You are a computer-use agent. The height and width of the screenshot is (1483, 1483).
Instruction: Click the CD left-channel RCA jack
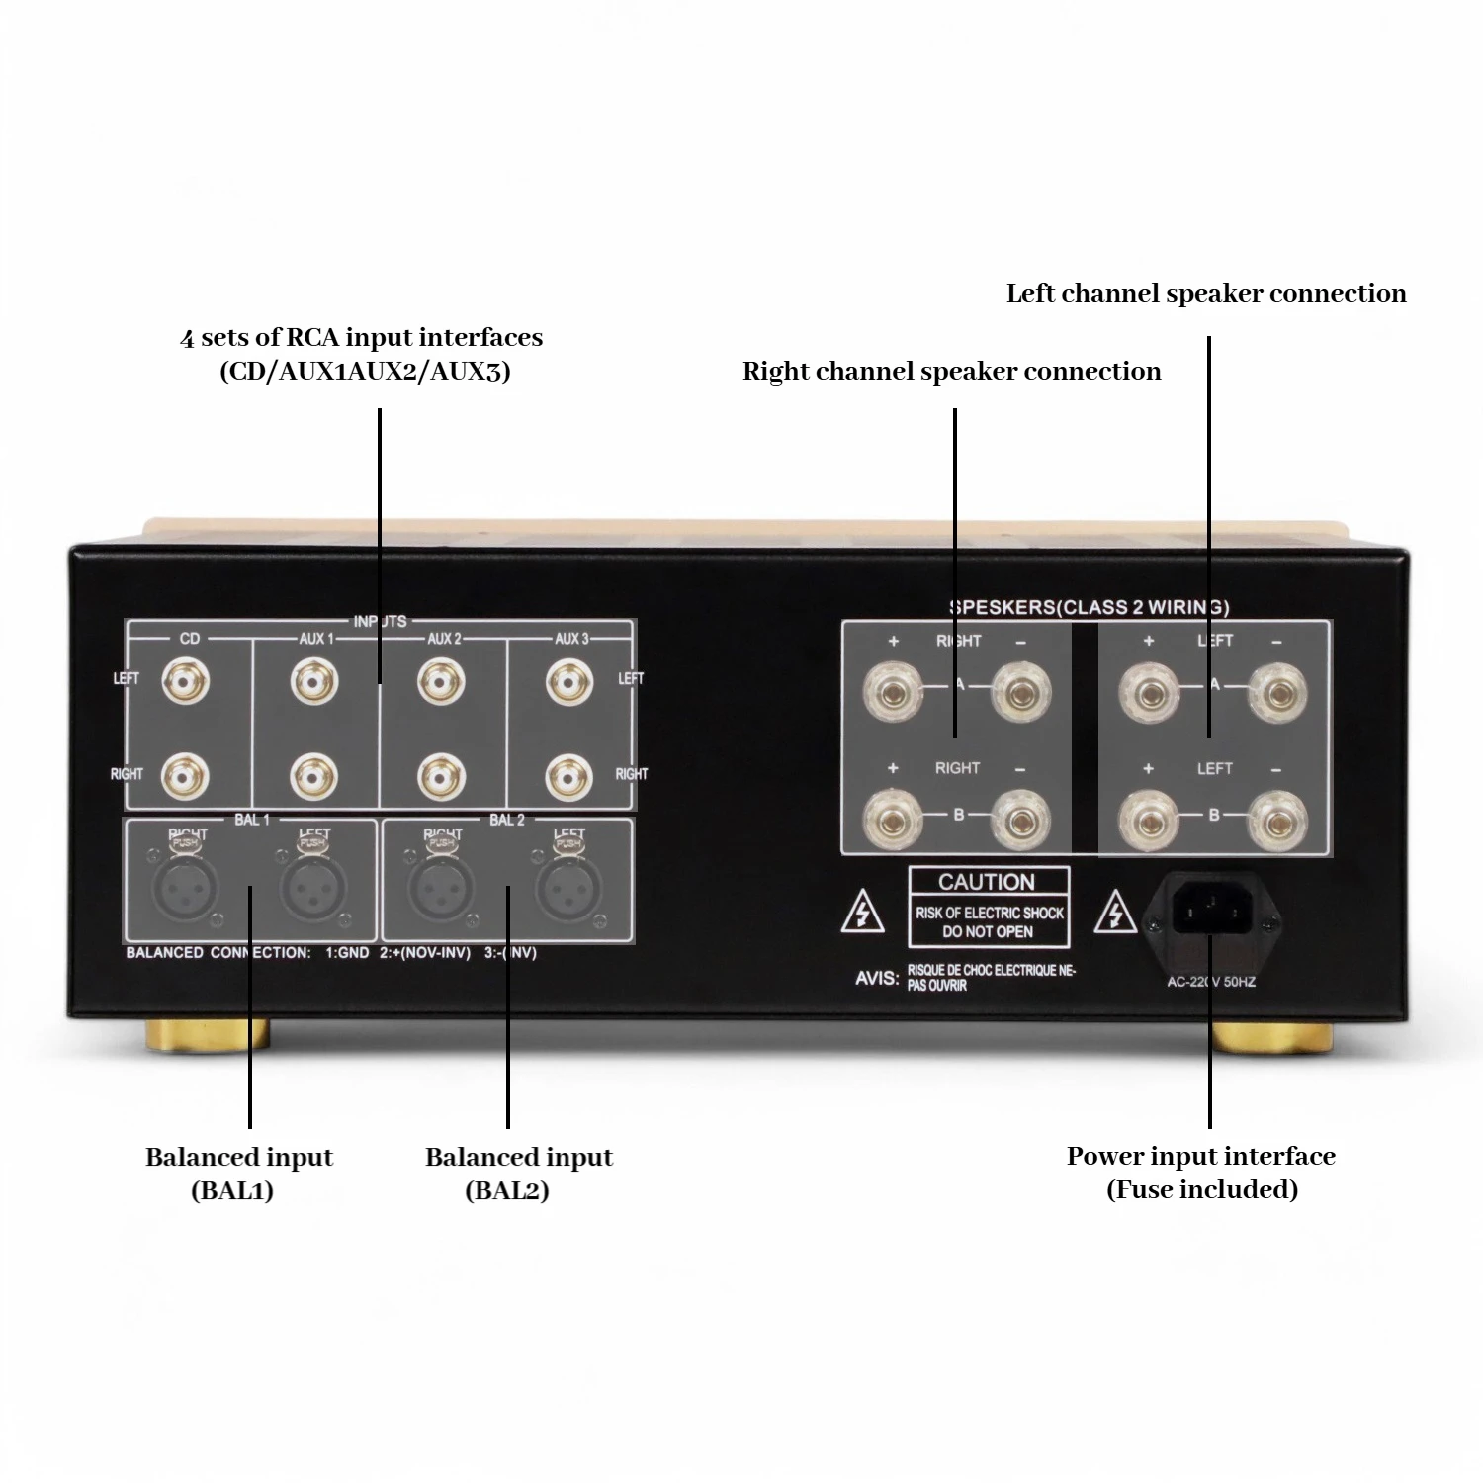[188, 681]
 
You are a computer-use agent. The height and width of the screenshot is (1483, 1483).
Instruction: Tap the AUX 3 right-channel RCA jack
[569, 777]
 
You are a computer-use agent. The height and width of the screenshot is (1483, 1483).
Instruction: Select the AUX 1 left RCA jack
[315, 681]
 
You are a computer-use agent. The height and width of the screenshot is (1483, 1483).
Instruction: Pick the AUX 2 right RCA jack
[442, 777]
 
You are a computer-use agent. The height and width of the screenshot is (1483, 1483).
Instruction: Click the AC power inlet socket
[1211, 906]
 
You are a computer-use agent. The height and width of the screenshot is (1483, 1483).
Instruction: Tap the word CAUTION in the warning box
[987, 882]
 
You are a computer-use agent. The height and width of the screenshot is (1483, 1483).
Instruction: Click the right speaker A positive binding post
[893, 691]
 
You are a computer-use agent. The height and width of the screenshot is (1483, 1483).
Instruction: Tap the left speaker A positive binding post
[1149, 691]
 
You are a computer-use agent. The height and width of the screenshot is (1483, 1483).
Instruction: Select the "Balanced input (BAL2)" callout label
[518, 1173]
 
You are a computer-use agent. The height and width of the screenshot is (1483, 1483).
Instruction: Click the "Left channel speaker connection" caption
[1206, 293]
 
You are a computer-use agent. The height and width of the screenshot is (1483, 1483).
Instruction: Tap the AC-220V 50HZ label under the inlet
[1211, 982]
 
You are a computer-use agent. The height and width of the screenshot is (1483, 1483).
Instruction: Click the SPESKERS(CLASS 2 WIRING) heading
[1089, 607]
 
